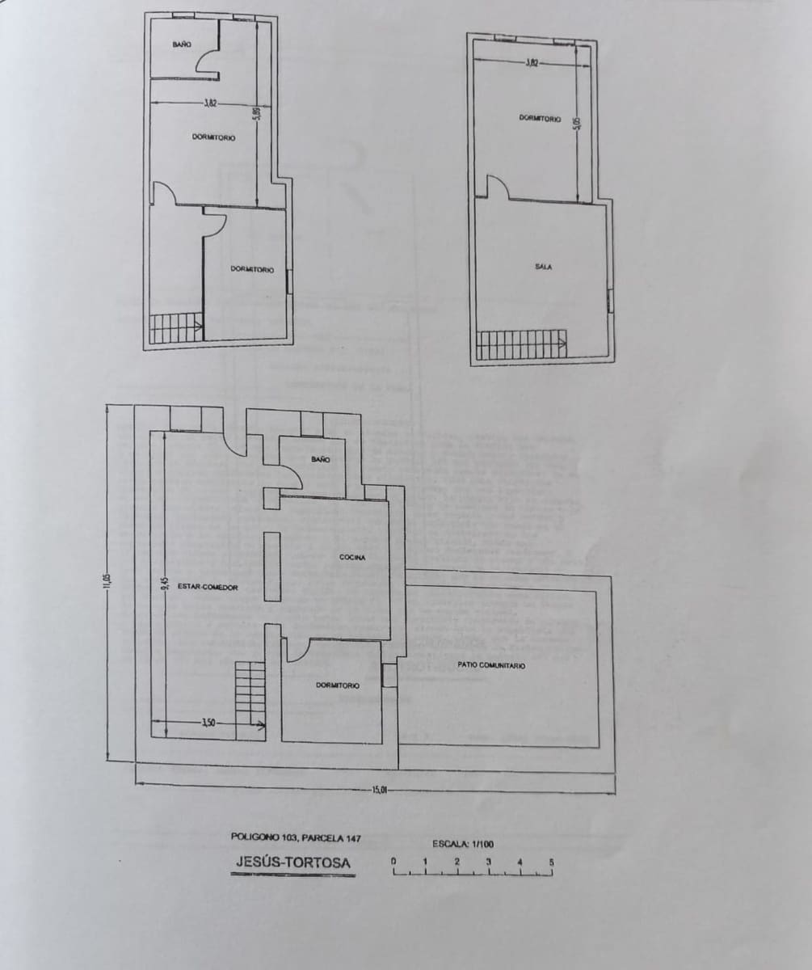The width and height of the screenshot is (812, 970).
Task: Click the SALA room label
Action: (x=543, y=267)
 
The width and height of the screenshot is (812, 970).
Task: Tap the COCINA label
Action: (x=352, y=558)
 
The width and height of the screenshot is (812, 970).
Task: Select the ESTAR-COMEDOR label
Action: (x=208, y=588)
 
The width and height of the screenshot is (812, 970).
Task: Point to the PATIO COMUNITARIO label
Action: (x=490, y=665)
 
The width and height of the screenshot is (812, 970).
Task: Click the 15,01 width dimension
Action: (x=380, y=790)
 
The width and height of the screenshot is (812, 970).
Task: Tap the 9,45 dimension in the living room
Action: (x=163, y=583)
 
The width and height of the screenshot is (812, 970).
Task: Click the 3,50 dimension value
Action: (x=208, y=723)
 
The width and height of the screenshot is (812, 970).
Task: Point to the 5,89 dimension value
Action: (x=256, y=115)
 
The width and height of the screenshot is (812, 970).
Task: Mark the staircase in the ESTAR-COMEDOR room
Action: (x=250, y=699)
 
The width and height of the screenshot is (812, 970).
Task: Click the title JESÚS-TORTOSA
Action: (x=293, y=862)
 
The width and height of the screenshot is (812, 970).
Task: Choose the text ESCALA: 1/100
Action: (x=462, y=844)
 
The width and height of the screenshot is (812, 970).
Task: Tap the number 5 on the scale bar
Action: (x=552, y=862)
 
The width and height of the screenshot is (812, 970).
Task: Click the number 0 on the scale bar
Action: (x=393, y=862)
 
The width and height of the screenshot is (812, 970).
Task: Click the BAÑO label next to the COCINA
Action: (x=320, y=459)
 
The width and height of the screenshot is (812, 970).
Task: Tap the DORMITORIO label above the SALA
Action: (x=540, y=119)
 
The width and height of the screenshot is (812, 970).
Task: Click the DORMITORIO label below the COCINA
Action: (x=337, y=685)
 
